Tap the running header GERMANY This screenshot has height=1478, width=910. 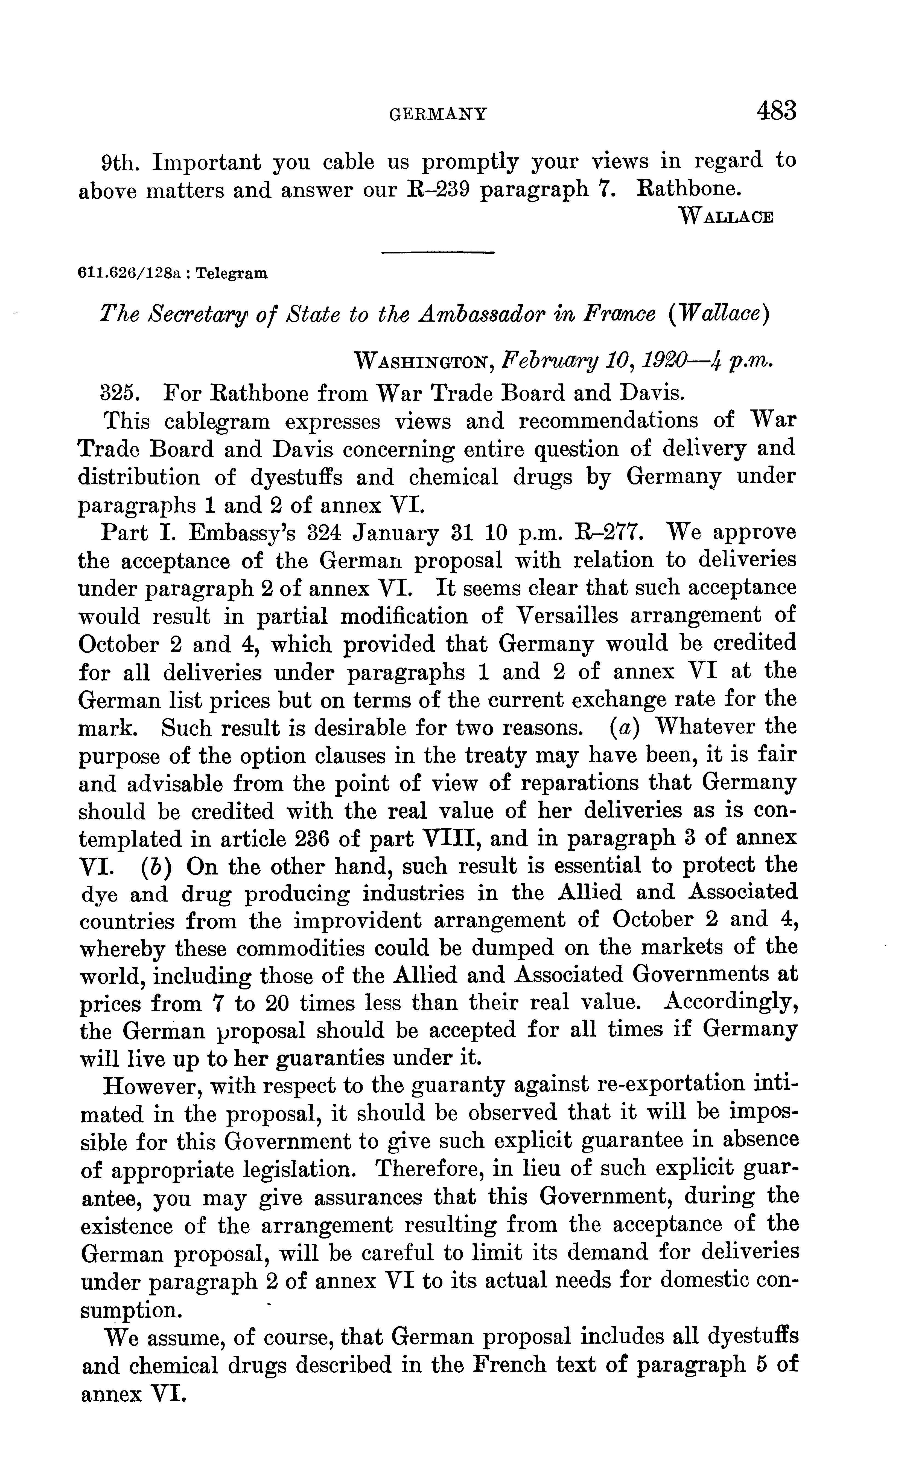[437, 114]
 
